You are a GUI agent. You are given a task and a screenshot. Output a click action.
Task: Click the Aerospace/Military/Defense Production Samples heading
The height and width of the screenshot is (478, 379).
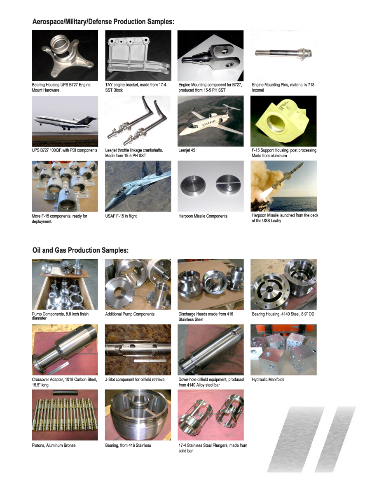tap(103, 22)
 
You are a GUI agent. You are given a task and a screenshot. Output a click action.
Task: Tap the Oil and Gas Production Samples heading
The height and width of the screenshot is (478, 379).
tap(80, 250)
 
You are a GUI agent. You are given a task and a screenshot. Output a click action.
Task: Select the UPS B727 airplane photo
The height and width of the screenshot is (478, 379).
tap(65, 121)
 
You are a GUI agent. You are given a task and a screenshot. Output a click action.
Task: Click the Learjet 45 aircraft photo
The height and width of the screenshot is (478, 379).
tap(211, 121)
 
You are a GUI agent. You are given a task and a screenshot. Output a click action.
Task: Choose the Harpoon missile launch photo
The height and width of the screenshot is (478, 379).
tap(283, 186)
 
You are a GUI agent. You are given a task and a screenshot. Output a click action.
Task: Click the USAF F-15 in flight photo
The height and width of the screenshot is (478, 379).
tap(138, 186)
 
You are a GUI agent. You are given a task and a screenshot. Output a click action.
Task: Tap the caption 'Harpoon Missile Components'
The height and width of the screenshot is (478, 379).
tap(203, 216)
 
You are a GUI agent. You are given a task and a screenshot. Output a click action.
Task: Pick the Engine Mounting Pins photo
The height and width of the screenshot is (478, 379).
tap(283, 56)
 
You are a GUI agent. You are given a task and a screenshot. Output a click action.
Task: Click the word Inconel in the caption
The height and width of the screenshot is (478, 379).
tap(258, 90)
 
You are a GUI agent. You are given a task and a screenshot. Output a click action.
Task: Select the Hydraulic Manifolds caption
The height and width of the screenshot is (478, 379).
tap(268, 380)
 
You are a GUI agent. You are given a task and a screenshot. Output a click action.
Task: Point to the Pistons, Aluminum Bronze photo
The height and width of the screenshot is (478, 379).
tap(65, 415)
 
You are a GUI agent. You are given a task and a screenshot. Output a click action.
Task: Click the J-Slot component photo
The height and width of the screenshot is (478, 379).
tap(138, 350)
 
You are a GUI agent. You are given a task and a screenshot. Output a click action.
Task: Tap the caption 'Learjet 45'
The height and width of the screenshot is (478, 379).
tap(187, 150)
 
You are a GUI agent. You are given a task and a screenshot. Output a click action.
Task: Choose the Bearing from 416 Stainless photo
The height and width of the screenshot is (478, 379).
tap(138, 415)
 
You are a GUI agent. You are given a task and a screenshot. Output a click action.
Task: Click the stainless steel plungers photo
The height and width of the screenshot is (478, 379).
tap(211, 415)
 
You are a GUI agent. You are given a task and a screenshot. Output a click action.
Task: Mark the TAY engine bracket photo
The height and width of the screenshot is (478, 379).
tap(138, 56)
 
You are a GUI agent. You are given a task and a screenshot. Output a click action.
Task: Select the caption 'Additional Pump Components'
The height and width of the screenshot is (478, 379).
tap(130, 314)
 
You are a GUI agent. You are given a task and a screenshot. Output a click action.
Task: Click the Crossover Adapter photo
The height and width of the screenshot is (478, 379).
tap(65, 350)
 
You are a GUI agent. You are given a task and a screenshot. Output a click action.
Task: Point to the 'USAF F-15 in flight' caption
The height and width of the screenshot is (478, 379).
tap(121, 216)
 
